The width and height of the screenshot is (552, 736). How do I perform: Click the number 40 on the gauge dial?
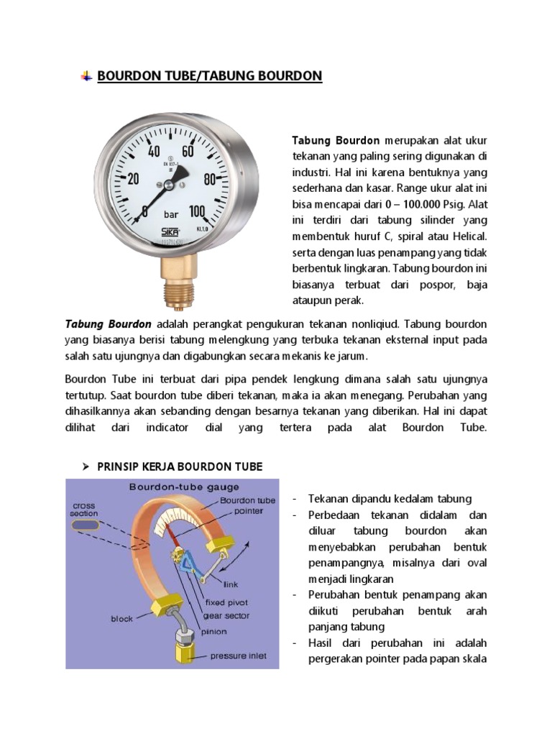pyautogui.click(x=154, y=152)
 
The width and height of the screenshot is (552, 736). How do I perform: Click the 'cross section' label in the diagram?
pyautogui.click(x=84, y=510)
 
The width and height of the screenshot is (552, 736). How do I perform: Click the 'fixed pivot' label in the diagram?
pyautogui.click(x=226, y=602)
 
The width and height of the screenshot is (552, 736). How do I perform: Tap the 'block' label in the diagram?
pyautogui.click(x=122, y=618)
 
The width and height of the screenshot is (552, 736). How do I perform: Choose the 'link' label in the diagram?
pyautogui.click(x=231, y=584)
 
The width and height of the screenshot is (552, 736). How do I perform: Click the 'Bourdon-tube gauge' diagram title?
pyautogui.click(x=175, y=487)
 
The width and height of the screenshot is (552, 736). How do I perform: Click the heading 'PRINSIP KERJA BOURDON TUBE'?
pyautogui.click(x=180, y=467)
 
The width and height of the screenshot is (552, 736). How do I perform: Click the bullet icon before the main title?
pyautogui.click(x=86, y=76)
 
